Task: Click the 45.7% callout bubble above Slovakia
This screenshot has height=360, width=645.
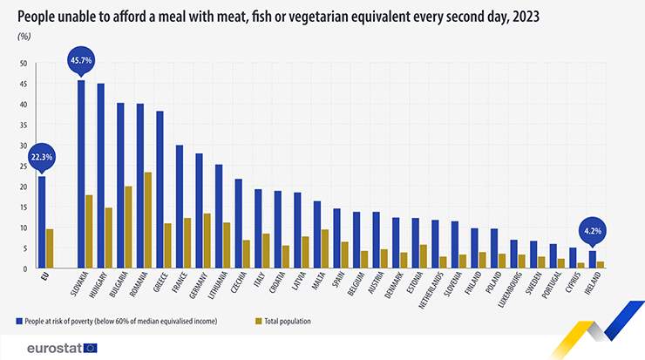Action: pyautogui.click(x=81, y=62)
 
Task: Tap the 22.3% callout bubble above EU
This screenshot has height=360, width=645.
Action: pyautogui.click(x=41, y=158)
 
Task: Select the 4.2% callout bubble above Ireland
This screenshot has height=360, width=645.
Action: pyautogui.click(x=593, y=232)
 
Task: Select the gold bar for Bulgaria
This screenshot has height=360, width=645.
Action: pyautogui.click(x=128, y=228)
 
